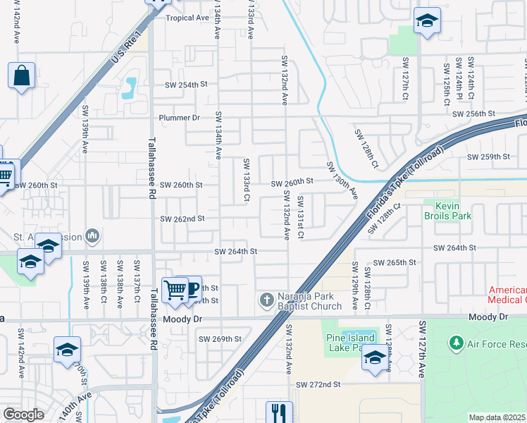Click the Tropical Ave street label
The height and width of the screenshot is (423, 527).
(x=187, y=18)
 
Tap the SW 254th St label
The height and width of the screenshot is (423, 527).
(x=186, y=85)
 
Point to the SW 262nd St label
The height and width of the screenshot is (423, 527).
(x=182, y=219)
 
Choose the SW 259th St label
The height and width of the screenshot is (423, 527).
(x=488, y=157)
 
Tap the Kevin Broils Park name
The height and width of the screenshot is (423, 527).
(x=442, y=211)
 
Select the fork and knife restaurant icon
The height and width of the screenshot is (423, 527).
(x=279, y=412)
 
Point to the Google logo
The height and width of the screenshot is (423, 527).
(x=23, y=415)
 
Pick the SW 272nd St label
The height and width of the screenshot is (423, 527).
(x=318, y=385)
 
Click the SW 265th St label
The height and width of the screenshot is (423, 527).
(x=395, y=262)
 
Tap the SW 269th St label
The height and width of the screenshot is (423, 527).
(x=220, y=339)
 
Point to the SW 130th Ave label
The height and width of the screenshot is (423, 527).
(x=342, y=180)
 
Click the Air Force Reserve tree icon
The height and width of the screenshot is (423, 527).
(x=455, y=343)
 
